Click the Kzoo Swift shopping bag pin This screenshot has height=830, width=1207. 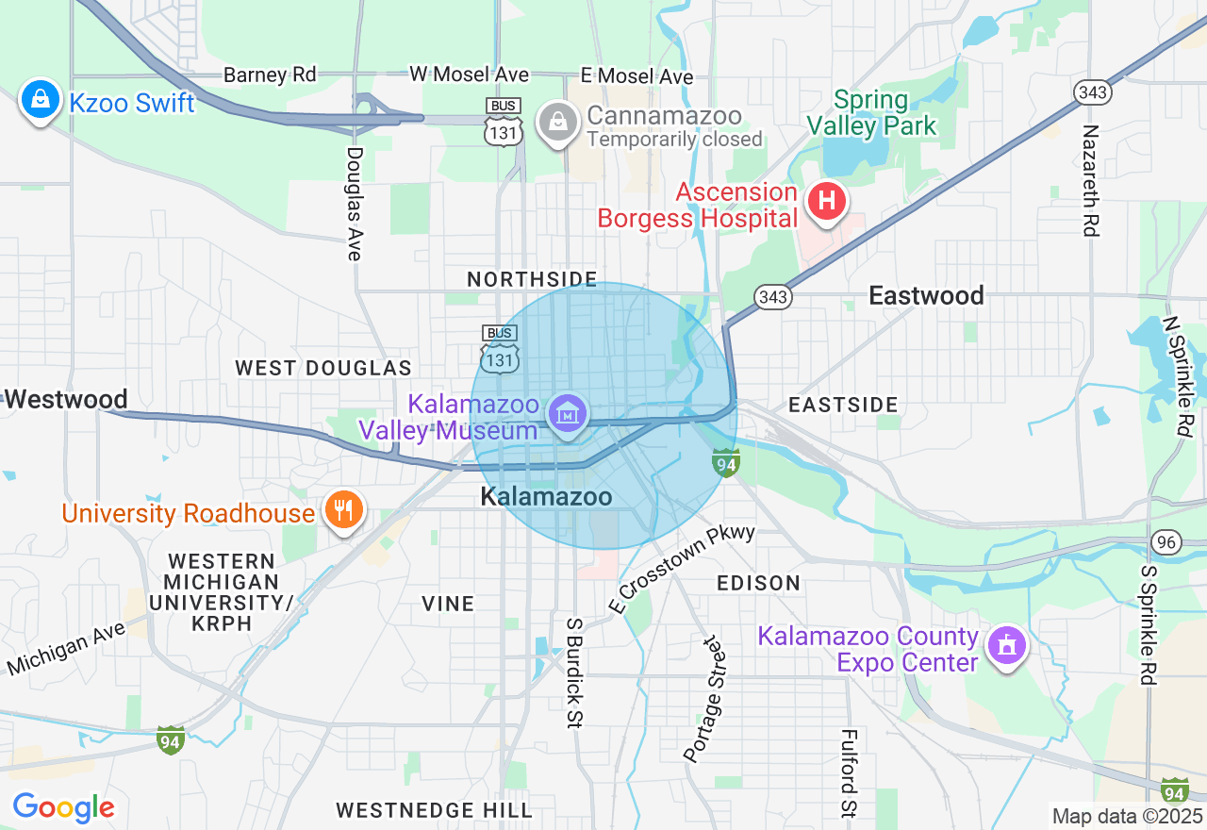click(40, 99)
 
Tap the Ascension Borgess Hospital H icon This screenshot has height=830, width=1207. click(826, 202)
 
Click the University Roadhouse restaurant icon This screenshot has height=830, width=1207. click(342, 510)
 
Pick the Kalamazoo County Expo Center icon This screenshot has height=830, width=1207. click(1007, 647)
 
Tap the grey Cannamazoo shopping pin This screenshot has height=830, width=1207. click(558, 123)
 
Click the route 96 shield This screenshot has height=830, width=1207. click(1166, 542)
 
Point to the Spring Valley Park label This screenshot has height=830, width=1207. click(871, 113)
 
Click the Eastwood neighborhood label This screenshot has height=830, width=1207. click(926, 296)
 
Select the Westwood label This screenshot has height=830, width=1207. click(66, 400)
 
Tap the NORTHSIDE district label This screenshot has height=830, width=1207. click(532, 279)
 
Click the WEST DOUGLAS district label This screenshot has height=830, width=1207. click(323, 368)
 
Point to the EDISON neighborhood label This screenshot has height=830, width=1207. click(758, 583)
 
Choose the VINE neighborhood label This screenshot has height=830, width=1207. click(448, 604)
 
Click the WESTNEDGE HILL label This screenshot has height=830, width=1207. click(434, 810)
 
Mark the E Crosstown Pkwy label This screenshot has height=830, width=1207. click(684, 569)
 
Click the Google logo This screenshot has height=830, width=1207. click(63, 807)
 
